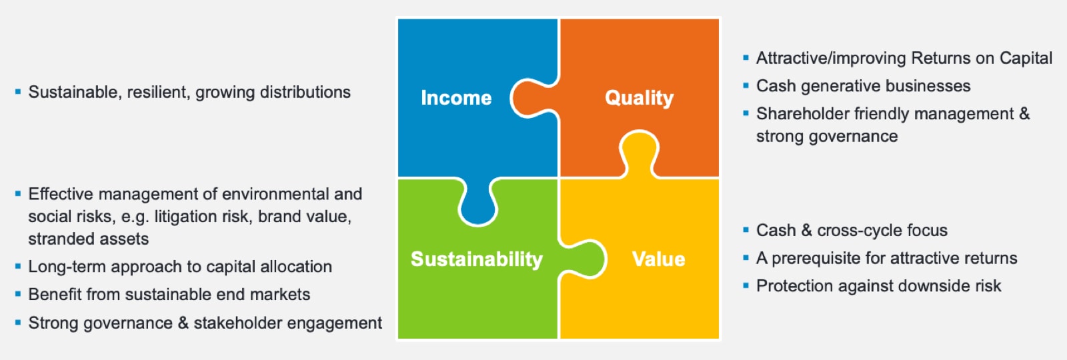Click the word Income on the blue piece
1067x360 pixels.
point(456,97)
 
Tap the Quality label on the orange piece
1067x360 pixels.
point(640,98)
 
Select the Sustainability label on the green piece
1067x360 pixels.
point(477,259)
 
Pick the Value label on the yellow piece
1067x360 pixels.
point(658,259)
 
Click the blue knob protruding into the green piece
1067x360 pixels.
point(477,203)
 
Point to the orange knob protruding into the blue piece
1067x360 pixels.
point(533,98)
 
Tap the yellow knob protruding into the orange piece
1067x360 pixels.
point(640,154)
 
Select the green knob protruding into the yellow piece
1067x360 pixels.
point(582,259)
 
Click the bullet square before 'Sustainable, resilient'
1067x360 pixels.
point(18,91)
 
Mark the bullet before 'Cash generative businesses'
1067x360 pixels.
point(746,86)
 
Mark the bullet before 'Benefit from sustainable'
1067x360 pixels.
point(18,294)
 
